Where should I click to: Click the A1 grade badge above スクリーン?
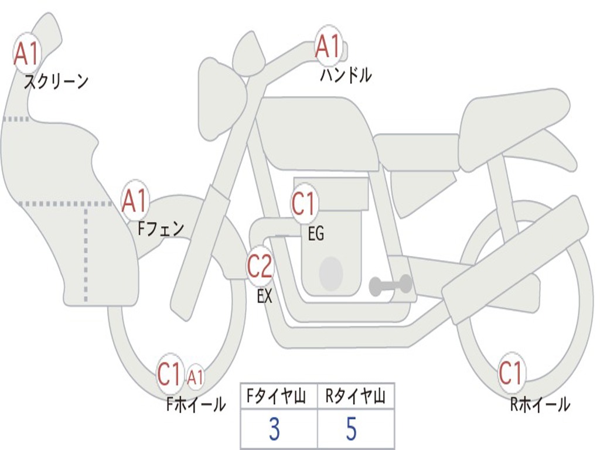(27, 53)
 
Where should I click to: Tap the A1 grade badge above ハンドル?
(328, 46)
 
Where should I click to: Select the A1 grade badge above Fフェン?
(135, 200)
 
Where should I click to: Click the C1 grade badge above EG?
(304, 204)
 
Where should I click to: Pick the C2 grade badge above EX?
(260, 267)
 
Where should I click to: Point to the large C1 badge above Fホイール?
(169, 374)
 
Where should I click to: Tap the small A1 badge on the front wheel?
(196, 377)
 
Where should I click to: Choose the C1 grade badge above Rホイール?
(510, 373)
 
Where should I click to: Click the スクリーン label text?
(56, 81)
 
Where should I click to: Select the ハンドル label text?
(346, 75)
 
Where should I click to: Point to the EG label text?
(316, 234)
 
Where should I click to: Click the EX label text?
(265, 296)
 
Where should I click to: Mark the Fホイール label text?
(196, 404)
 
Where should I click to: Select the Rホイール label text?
(540, 404)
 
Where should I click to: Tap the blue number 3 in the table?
(274, 429)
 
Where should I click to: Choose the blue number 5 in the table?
(351, 429)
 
